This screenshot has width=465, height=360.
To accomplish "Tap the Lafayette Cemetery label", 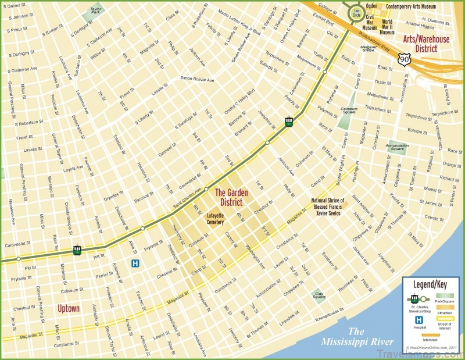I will (x=214, y=219).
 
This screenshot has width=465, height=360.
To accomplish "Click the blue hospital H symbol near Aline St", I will (x=135, y=263).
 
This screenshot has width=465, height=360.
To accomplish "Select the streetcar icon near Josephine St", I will (x=288, y=122).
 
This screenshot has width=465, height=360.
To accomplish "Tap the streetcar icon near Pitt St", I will (x=77, y=250).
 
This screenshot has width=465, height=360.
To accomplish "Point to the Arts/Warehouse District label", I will (x=426, y=44).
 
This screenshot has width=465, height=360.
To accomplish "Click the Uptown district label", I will (x=68, y=308).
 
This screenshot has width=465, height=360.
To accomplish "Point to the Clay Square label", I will (x=319, y=295).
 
